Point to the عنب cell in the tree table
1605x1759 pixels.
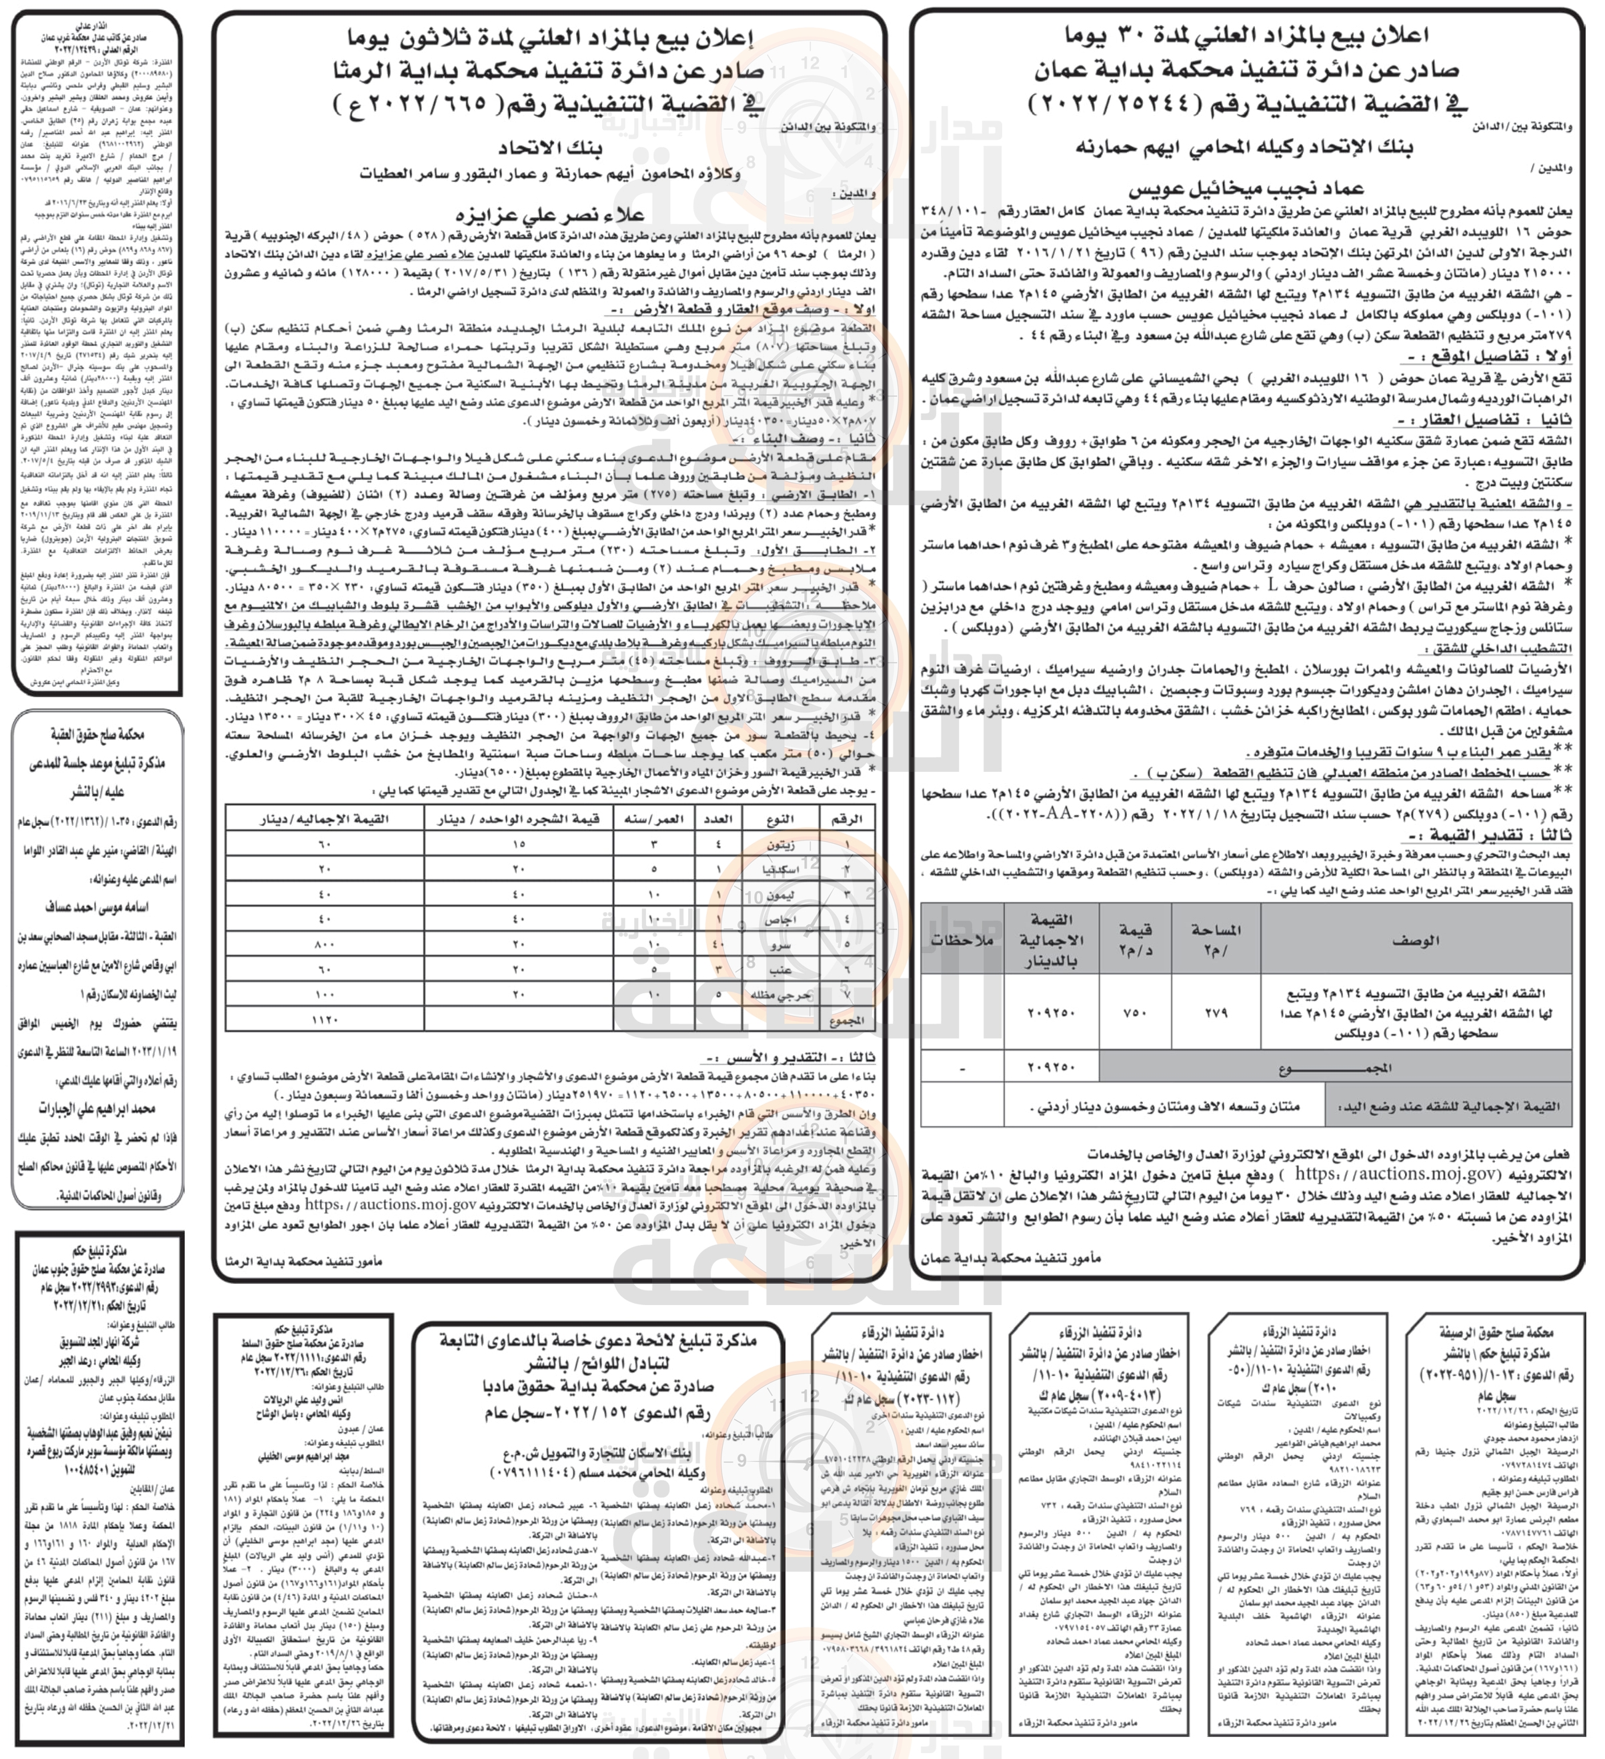tap(779, 968)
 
